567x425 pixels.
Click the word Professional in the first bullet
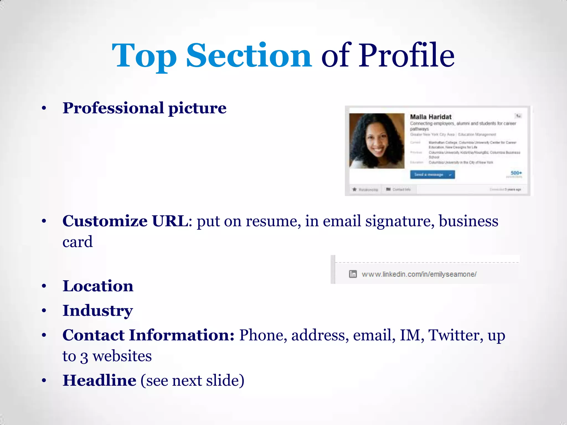113,108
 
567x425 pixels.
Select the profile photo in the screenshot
377,141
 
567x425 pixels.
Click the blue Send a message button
432,175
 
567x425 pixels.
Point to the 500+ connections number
516,173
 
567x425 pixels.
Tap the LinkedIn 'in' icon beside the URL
353,274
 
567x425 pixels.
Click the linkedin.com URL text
419,274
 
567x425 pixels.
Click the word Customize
105,221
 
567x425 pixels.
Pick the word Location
98,286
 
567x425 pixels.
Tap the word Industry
98,311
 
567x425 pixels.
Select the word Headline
99,380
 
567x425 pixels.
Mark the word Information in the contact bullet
182,335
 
